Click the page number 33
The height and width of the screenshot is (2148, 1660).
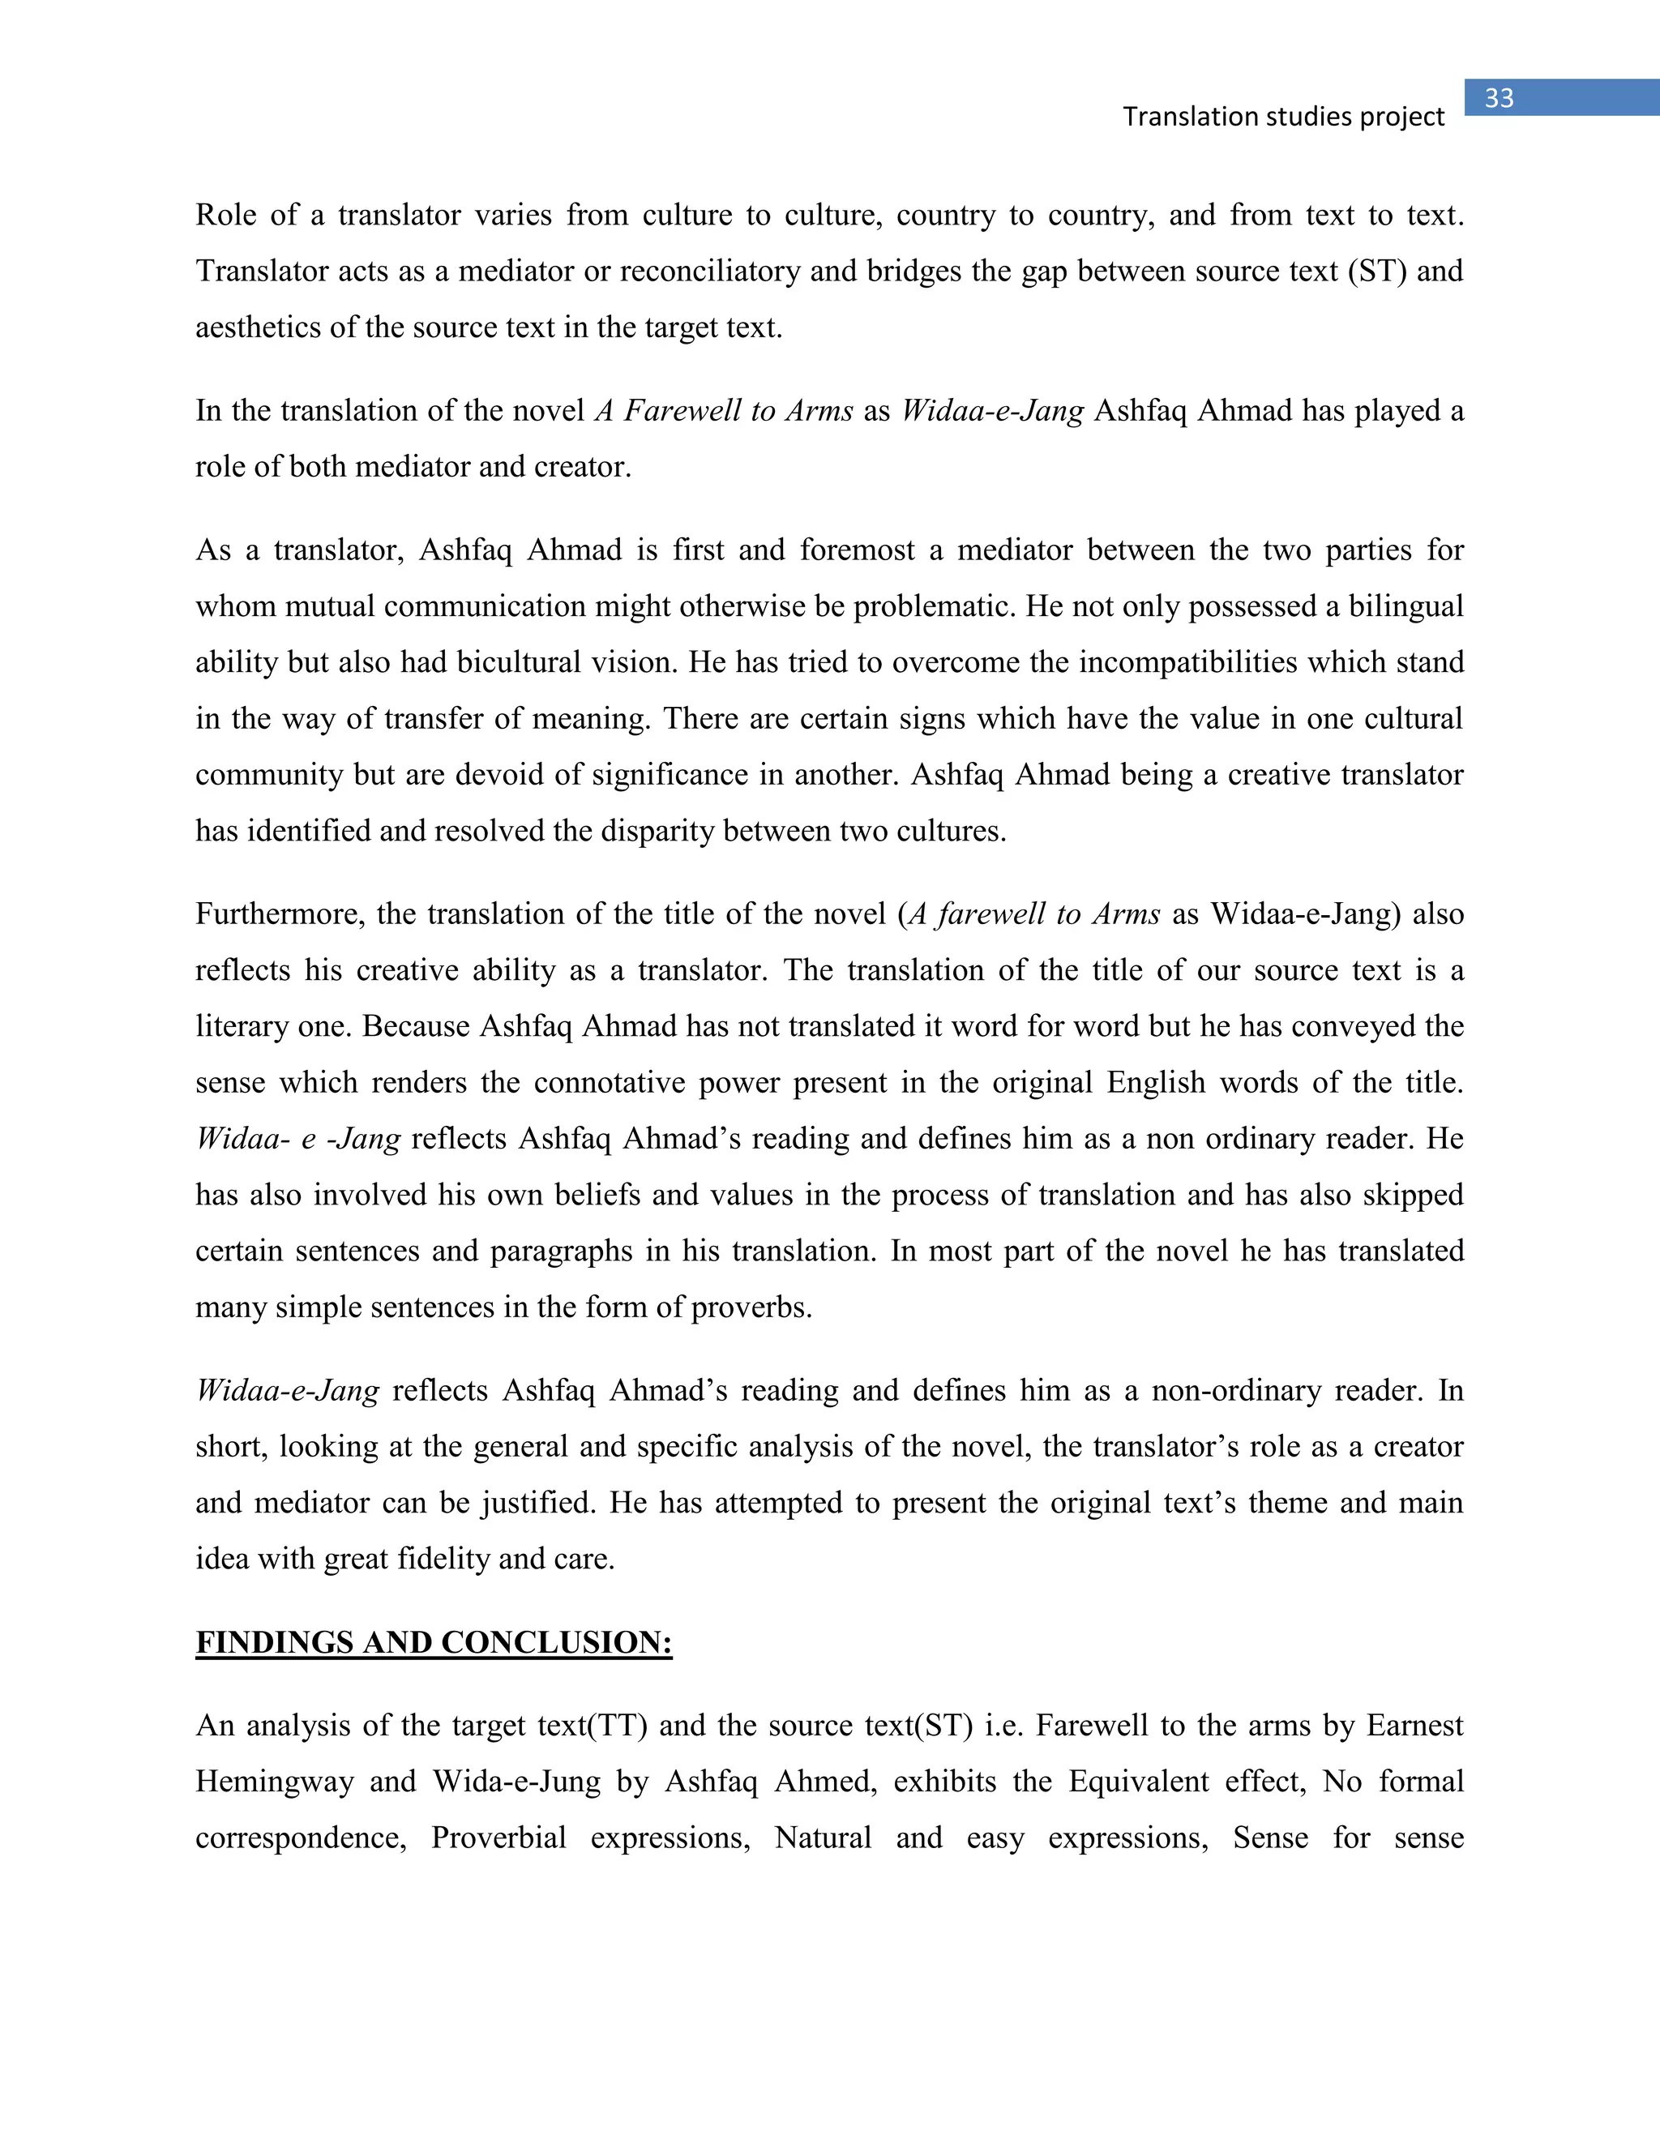1499,98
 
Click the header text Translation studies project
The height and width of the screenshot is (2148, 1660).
1283,117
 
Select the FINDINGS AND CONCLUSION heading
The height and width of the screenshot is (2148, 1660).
434,1641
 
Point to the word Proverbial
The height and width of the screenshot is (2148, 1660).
498,1838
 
